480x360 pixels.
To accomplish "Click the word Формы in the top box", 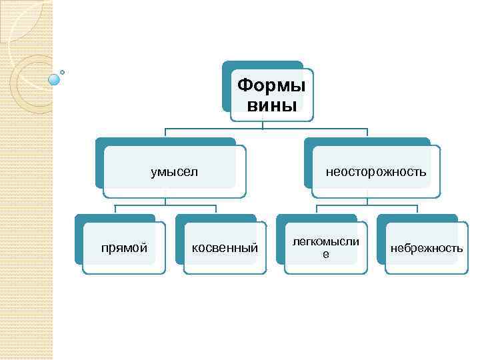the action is tap(271, 86).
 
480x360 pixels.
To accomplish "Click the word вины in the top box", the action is tap(271, 105).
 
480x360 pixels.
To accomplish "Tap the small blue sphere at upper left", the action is tap(55, 79).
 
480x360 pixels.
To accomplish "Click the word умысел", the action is tap(175, 172).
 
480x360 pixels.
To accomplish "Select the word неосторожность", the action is tap(376, 172).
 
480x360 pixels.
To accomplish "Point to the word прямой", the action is tap(124, 248).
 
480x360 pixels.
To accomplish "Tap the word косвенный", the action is tap(225, 248).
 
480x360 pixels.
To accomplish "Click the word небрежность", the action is tap(426, 248).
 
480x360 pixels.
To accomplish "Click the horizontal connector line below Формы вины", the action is tap(267, 128).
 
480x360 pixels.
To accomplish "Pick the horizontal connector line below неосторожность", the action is tap(367, 204).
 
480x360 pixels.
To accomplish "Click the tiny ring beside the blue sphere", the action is tap(63, 72).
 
